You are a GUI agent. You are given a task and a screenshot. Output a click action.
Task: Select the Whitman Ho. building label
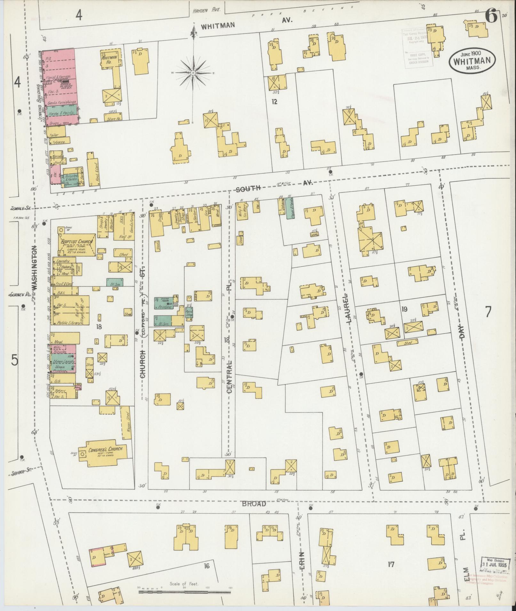point(107,61)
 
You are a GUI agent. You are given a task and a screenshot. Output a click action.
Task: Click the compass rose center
point(193,73)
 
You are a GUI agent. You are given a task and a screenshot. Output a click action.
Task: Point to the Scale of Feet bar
point(185,592)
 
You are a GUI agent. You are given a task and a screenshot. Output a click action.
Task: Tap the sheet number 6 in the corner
point(491,16)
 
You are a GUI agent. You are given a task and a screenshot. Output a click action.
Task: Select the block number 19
point(404,309)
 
